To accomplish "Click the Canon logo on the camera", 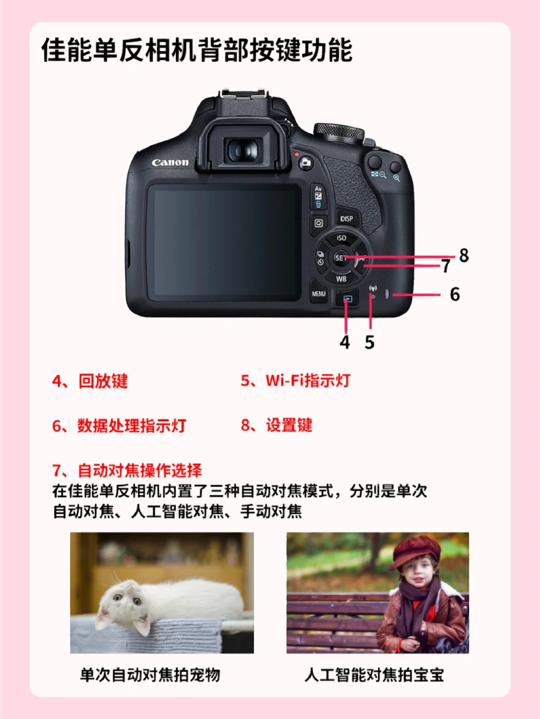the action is [170, 162].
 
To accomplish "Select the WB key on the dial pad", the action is [341, 279].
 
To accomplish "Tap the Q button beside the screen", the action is [318, 223].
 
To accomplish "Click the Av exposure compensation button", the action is [318, 196].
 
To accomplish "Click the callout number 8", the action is [464, 255].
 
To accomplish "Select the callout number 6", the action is [455, 294].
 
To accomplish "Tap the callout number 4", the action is [344, 343].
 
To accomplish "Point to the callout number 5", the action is [369, 343].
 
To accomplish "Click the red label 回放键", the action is [103, 381].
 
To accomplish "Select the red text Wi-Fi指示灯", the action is [307, 381].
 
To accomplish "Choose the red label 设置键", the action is [289, 425].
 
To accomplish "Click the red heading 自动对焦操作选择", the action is [139, 470].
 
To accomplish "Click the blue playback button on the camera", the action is [347, 299].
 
